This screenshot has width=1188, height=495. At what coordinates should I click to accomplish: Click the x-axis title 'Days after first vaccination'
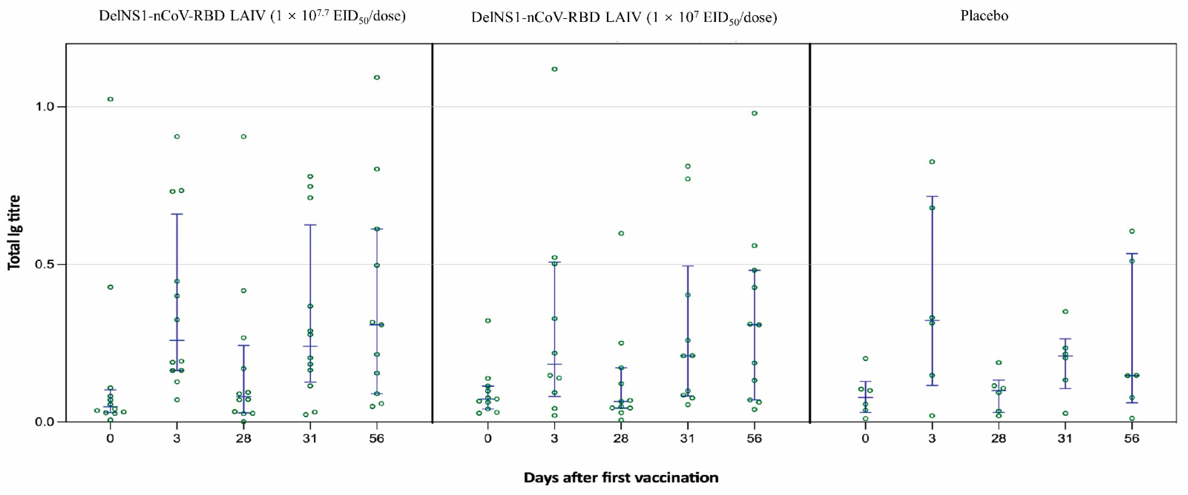(621, 478)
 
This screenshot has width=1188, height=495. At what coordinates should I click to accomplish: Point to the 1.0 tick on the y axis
(45, 106)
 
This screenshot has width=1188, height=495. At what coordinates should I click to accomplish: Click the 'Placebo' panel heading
(984, 16)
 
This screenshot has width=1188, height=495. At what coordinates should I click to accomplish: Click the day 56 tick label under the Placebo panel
(1131, 438)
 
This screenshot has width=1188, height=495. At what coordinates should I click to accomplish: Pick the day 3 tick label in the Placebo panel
(932, 438)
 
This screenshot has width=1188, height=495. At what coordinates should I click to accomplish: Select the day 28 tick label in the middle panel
(621, 438)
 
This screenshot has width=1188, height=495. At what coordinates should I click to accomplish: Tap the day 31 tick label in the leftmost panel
(310, 438)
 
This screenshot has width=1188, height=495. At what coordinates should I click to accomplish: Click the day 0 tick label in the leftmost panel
(110, 438)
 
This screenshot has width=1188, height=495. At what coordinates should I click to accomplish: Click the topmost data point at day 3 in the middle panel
(554, 69)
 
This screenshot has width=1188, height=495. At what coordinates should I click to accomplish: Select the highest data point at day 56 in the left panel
(377, 77)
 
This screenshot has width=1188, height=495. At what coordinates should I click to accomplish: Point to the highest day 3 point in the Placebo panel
(932, 162)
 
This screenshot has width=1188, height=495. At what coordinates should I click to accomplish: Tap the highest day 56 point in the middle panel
(754, 113)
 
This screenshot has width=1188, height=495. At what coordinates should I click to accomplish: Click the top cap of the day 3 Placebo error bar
(932, 196)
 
